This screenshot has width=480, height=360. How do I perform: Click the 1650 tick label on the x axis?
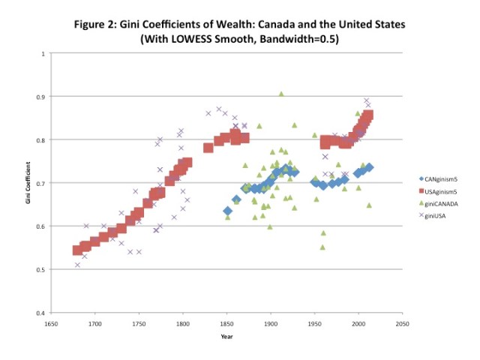[x=51, y=324]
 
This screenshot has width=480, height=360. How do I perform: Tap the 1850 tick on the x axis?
[x=227, y=324]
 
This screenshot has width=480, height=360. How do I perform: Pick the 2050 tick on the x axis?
[x=403, y=324]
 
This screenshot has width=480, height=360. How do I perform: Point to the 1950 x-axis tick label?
[x=315, y=324]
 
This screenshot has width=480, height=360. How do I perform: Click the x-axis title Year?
[x=226, y=336]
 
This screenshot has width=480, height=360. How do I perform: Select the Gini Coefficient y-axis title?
[x=29, y=183]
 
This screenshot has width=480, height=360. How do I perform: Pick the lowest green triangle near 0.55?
[x=322, y=247]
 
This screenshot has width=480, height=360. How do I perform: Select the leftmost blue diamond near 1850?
[x=228, y=211]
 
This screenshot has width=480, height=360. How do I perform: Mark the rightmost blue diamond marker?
[x=369, y=167]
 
